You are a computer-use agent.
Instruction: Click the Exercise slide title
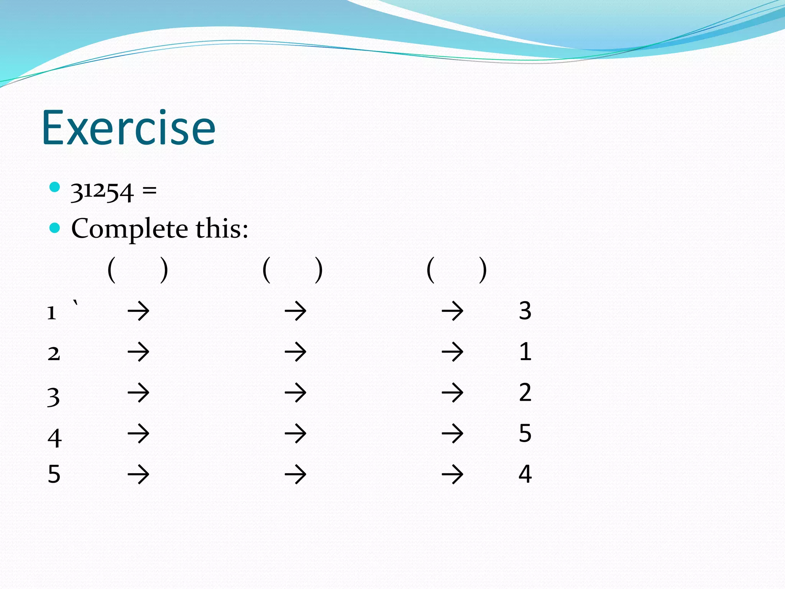pos(128,128)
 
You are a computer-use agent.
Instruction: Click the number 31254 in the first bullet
pos(102,191)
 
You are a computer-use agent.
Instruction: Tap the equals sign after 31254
pos(149,190)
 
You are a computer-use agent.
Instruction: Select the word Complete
pos(129,229)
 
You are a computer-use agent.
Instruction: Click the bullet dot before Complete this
pos(55,228)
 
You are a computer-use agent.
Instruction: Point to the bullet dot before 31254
pos(55,187)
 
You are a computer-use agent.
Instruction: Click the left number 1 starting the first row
pos(52,313)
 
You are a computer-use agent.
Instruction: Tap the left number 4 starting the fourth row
pos(54,438)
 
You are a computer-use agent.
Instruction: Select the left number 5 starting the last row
pos(54,474)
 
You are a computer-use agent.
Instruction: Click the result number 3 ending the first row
pos(525,311)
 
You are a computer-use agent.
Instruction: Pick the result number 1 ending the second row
pos(525,352)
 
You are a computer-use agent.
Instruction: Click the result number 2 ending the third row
pos(525,392)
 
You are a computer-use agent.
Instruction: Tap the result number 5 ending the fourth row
pos(525,433)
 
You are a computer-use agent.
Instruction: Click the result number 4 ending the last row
pos(525,474)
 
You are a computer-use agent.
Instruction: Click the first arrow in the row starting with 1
pos(138,311)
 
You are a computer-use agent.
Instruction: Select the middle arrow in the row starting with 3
pos(296,393)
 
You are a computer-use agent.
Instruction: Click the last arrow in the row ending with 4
pos(452,474)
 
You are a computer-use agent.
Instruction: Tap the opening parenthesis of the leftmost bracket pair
pos(112,270)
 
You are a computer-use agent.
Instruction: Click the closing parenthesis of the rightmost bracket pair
pos(483,270)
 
